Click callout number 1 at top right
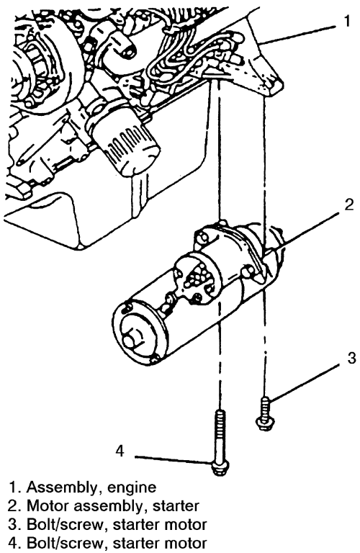coord(347,21)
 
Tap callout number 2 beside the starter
coord(348,204)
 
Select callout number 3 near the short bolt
coord(351,359)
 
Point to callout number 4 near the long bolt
coord(120,450)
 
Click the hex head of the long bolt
coord(220,469)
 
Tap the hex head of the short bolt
coord(264,422)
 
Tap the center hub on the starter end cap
coord(131,339)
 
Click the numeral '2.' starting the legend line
coord(15,506)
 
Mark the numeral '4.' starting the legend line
coord(15,543)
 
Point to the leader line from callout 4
coord(174,459)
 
